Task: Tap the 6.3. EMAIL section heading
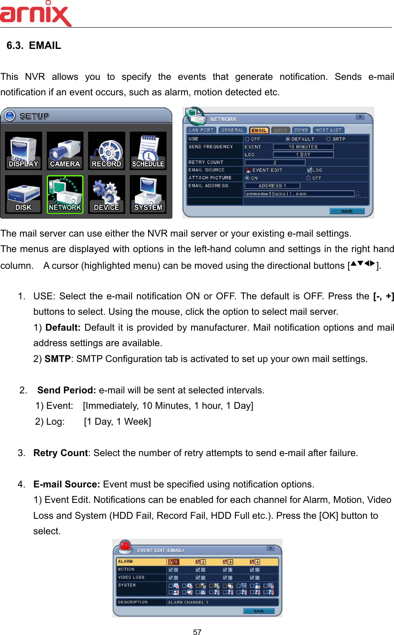click(x=34, y=46)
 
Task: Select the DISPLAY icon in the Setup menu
click(x=23, y=151)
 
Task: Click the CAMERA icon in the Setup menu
click(x=65, y=151)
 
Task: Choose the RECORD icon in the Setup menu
click(x=106, y=151)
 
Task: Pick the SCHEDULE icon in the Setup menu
click(x=148, y=151)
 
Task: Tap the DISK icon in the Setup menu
click(x=23, y=194)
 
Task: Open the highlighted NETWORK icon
click(x=65, y=194)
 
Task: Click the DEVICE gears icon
click(x=106, y=194)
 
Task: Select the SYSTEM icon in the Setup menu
click(x=148, y=194)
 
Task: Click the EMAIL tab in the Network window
click(x=259, y=130)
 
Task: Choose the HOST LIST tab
click(x=328, y=130)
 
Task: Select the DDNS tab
click(x=301, y=130)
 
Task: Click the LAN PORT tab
click(x=201, y=130)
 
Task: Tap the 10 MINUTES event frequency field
click(x=303, y=147)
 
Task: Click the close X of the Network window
click(x=360, y=117)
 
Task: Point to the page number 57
click(x=197, y=632)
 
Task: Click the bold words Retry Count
click(x=61, y=453)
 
